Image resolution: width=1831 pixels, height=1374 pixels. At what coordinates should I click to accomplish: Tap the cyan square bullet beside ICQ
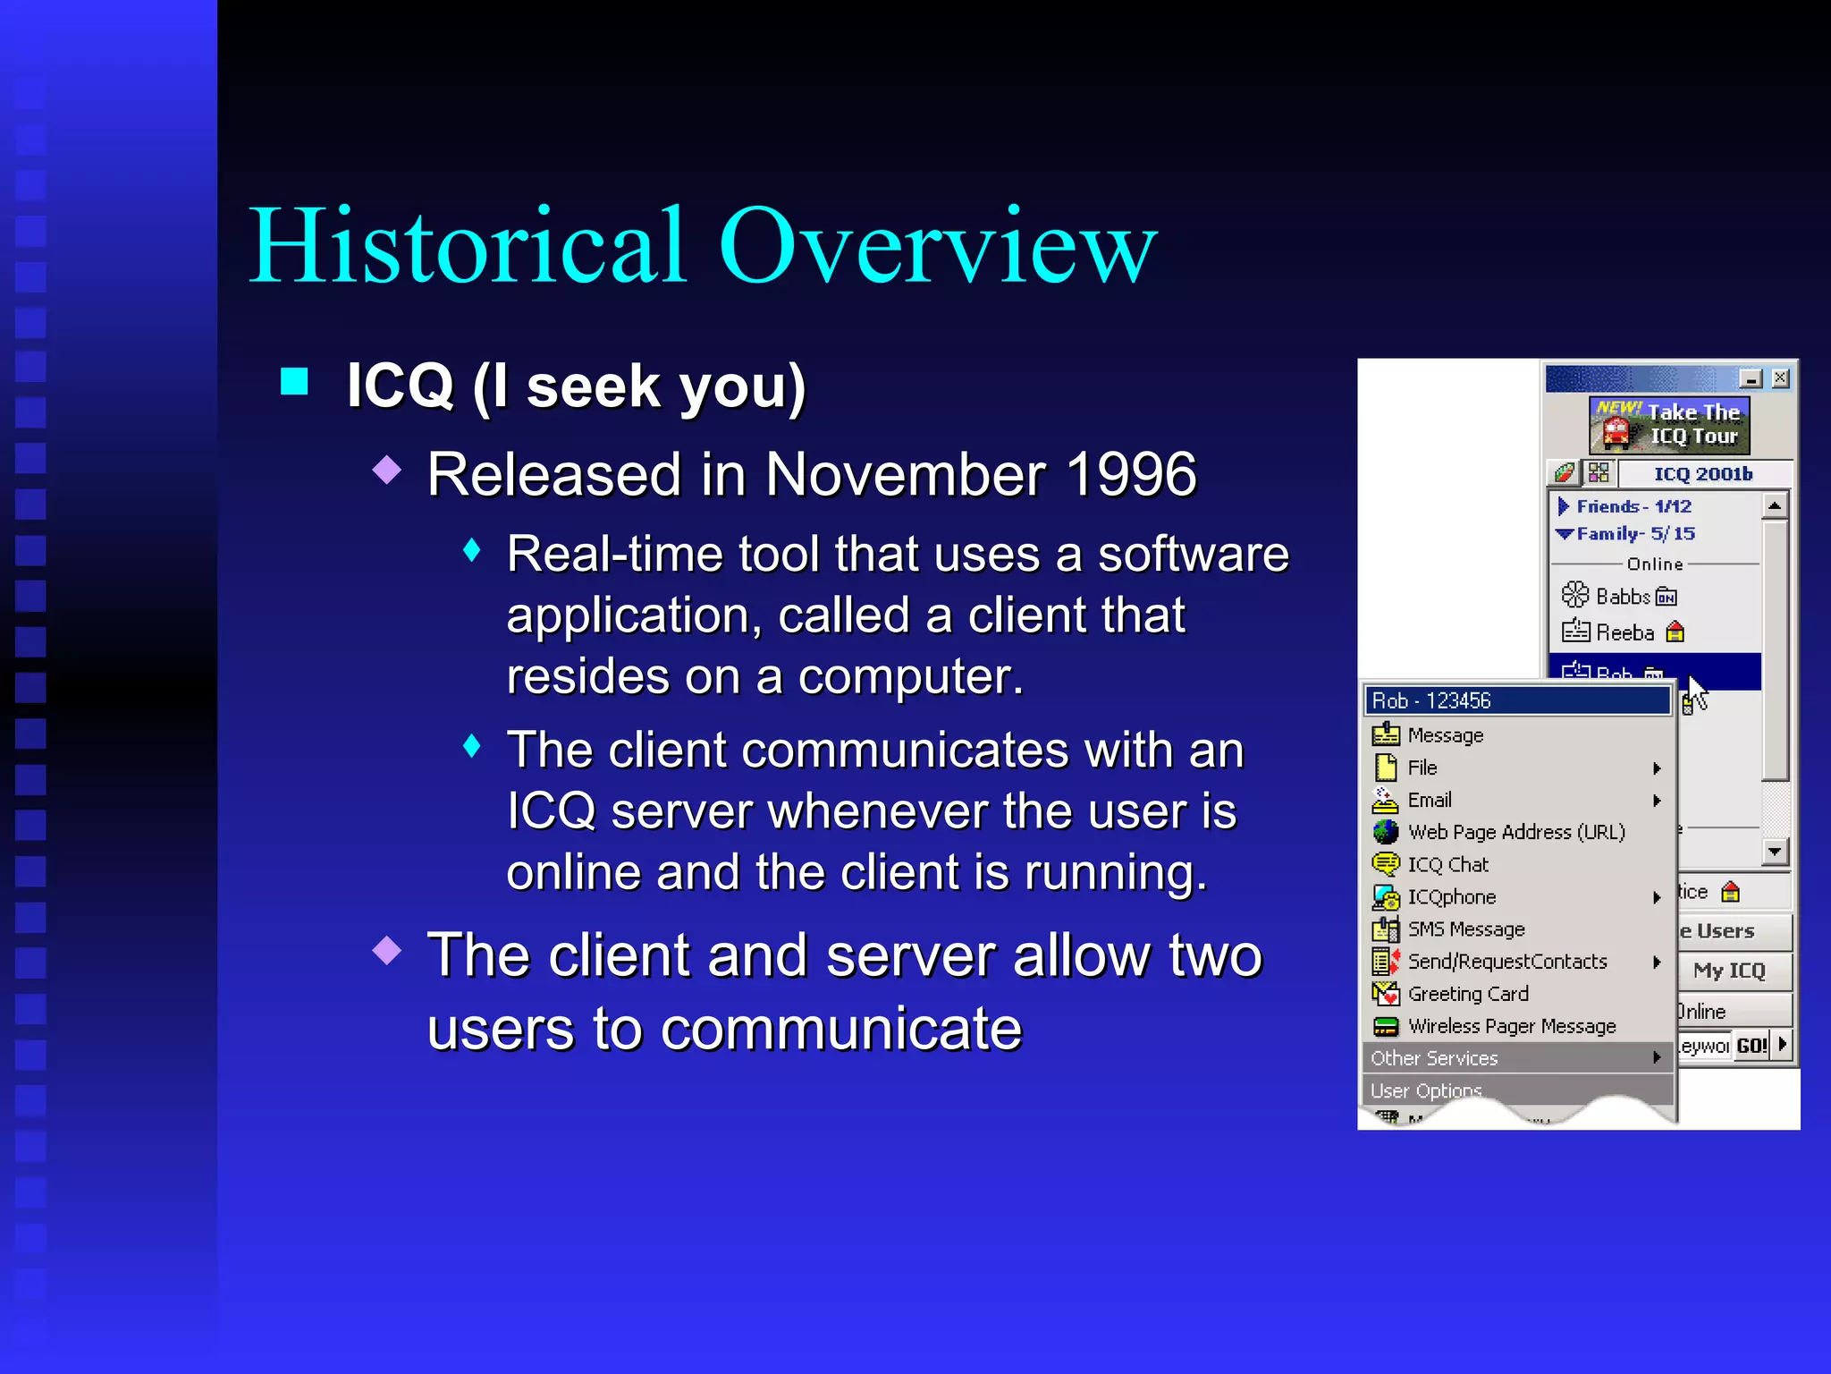[294, 382]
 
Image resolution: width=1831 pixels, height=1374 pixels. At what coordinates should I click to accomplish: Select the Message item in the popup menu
[1445, 735]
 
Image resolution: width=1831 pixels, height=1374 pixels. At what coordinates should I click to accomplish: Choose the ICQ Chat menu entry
[1447, 865]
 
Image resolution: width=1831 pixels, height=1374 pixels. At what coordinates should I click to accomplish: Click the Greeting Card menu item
[1467, 994]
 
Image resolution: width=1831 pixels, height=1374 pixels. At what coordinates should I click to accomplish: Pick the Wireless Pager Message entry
[1511, 1026]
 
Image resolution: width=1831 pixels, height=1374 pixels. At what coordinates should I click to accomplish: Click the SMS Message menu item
[1465, 929]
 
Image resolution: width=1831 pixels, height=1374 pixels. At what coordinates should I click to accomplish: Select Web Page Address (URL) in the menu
[1515, 832]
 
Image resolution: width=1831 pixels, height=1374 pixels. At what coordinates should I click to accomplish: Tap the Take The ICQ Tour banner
[1669, 425]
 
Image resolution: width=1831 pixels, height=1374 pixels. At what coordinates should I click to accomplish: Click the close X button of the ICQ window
[1780, 378]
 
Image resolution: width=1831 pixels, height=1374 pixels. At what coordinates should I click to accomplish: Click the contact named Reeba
[1624, 633]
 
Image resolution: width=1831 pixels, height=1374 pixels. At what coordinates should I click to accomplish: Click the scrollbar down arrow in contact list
[1775, 852]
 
